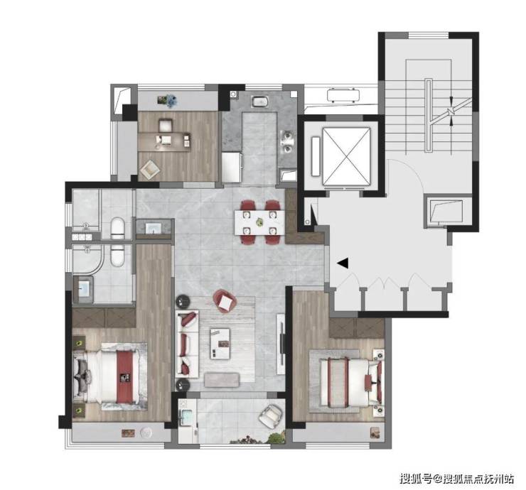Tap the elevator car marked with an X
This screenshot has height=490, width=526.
[x=347, y=156]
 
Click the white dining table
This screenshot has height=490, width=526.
[x=259, y=222]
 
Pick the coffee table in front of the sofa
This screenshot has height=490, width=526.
[x=221, y=344]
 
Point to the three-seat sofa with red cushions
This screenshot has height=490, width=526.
[x=188, y=344]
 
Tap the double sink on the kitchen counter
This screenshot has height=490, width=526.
[x=286, y=143]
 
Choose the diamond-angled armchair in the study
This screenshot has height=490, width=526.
[x=150, y=169]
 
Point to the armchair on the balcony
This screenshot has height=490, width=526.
[x=270, y=415]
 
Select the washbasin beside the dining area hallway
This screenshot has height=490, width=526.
[x=154, y=227]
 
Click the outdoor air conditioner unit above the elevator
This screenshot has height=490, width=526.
[x=343, y=94]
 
